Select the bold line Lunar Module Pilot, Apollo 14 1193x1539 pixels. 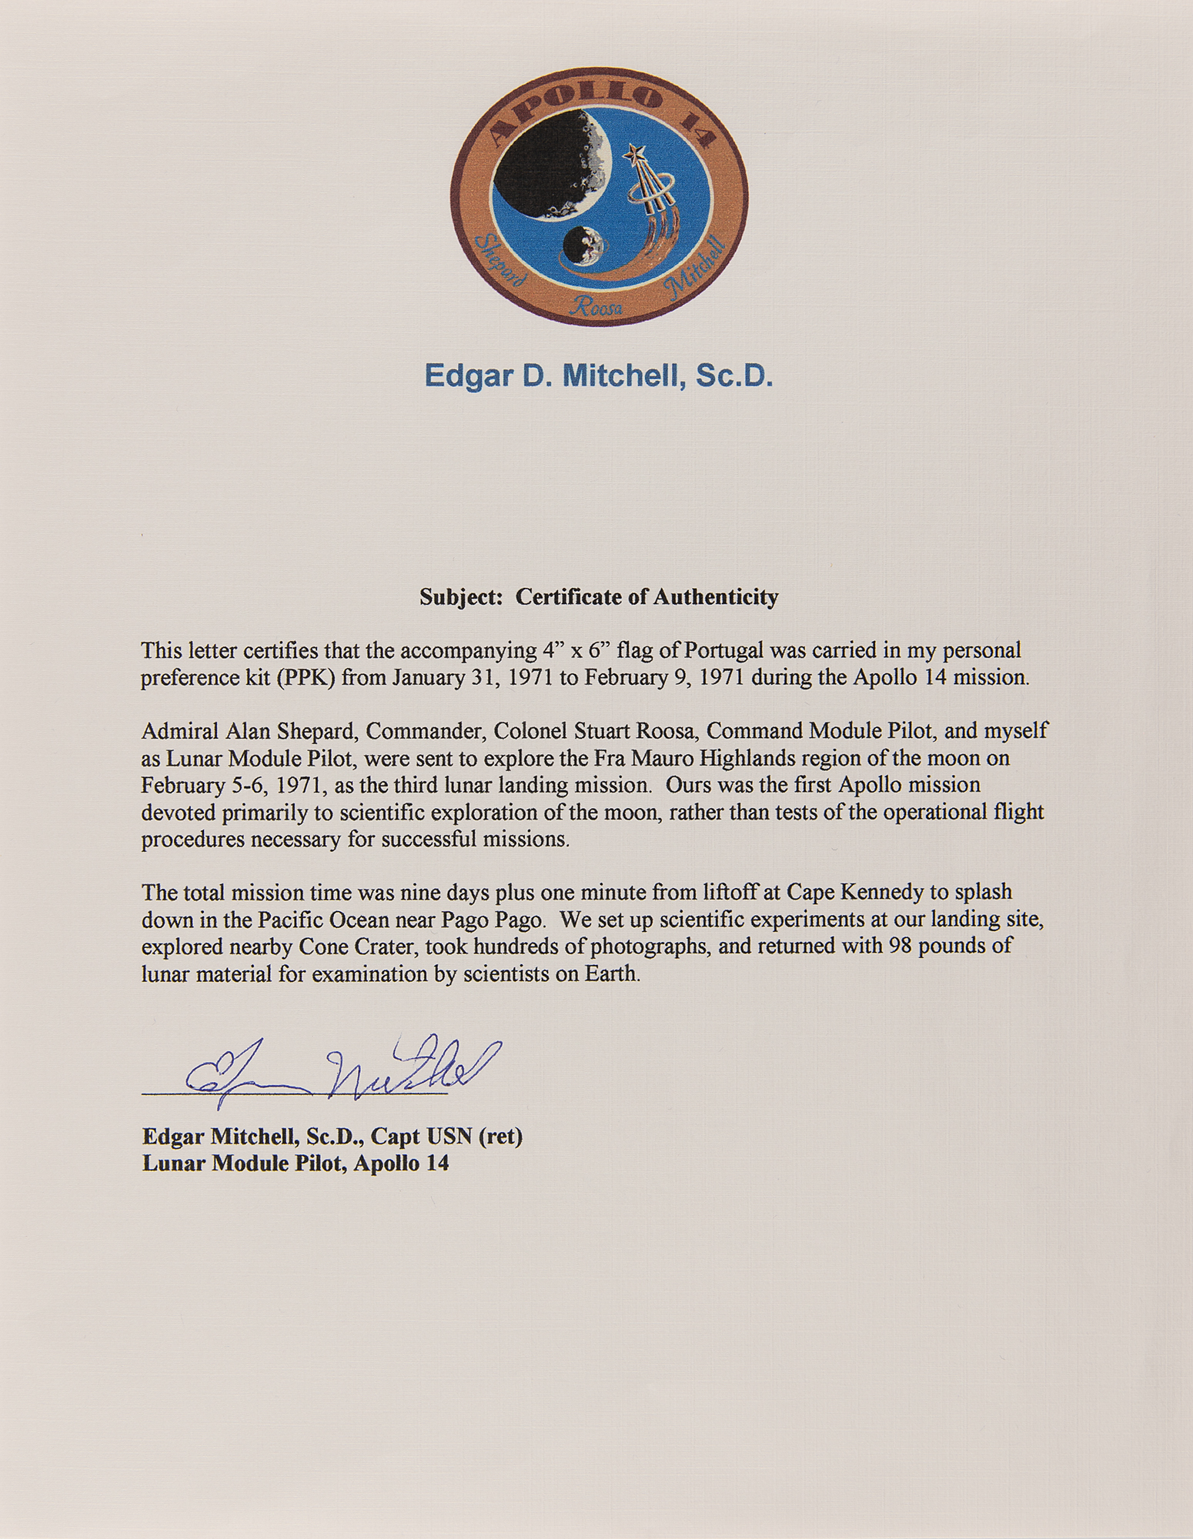[295, 1163]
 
